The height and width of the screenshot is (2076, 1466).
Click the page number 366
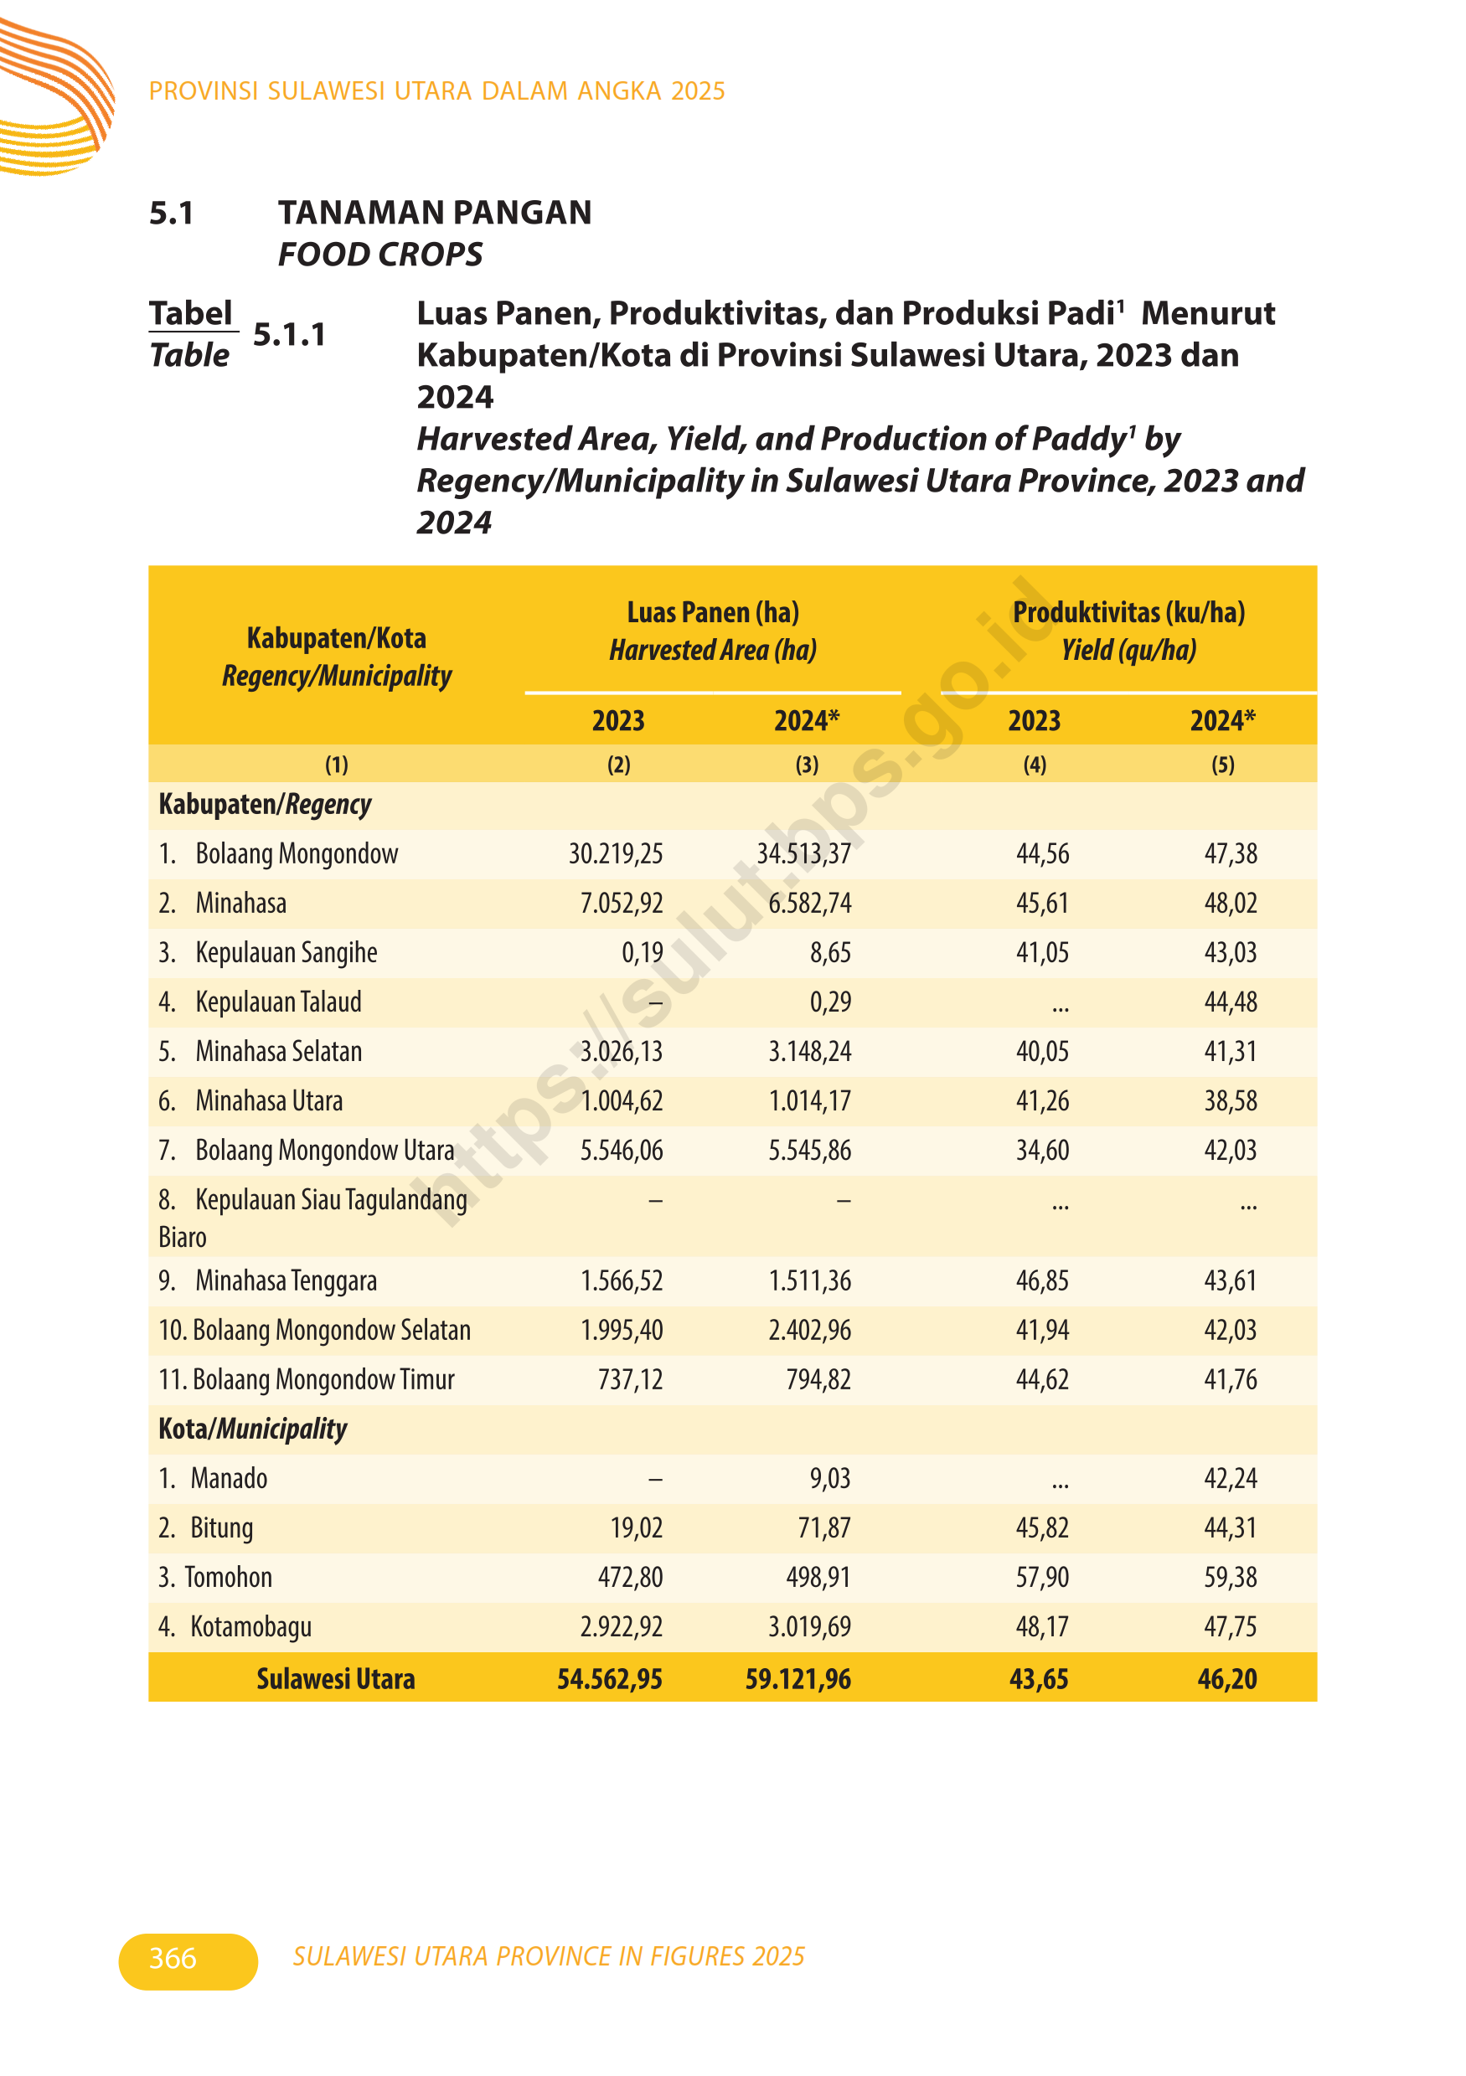[x=173, y=1958]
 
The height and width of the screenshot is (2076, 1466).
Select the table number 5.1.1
[x=289, y=334]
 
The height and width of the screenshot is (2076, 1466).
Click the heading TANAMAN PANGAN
[x=434, y=213]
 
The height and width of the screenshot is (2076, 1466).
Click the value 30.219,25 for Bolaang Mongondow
[x=615, y=853]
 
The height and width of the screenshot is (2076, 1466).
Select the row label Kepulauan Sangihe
[x=286, y=952]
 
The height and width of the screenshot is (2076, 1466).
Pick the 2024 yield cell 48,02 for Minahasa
[x=1230, y=904]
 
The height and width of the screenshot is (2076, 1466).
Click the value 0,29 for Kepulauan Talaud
[x=830, y=1002]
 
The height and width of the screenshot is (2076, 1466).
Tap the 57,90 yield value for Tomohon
[x=1042, y=1578]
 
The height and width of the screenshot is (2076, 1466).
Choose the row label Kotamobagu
[x=250, y=1626]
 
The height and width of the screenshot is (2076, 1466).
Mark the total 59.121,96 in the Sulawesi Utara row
[x=798, y=1679]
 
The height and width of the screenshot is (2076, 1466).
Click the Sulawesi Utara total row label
[x=336, y=1679]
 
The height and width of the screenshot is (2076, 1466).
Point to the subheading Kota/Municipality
[x=252, y=1429]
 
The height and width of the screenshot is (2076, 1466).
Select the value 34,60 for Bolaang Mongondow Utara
[x=1042, y=1150]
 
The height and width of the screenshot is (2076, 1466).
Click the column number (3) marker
[x=807, y=765]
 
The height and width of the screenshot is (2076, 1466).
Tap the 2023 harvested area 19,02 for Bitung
[x=636, y=1528]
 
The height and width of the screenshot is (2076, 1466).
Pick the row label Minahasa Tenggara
[x=286, y=1281]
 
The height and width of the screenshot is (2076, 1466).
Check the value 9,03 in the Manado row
[x=830, y=1478]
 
